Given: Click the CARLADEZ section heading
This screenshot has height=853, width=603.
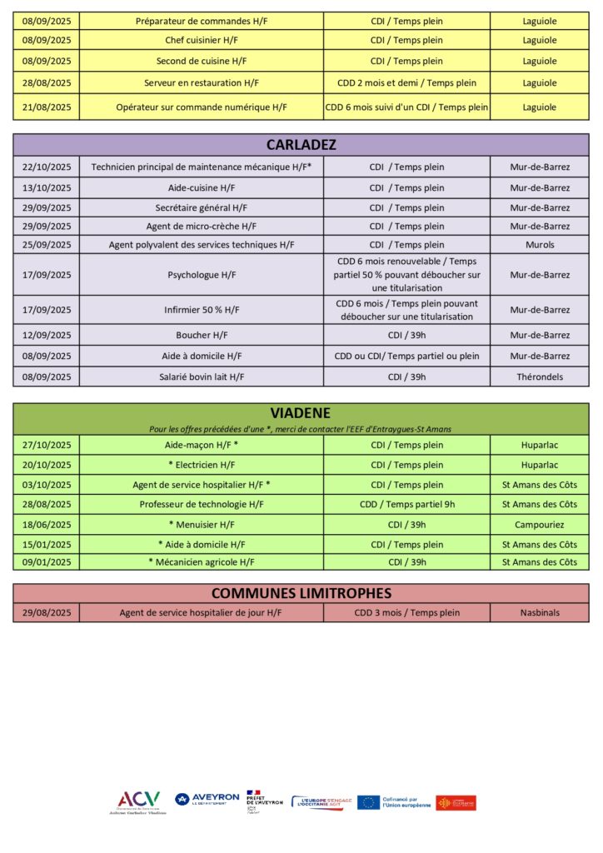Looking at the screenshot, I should pos(301,145).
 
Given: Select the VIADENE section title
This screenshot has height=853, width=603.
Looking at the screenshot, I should pos(301,413).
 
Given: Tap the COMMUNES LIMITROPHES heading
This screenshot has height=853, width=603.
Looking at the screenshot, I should pos(301,593).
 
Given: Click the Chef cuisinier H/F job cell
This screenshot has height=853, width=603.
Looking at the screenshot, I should pos(202,40).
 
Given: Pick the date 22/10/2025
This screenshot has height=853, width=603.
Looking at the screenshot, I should pos(47,167).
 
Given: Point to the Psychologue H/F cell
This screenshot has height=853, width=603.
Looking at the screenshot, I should pos(202,275).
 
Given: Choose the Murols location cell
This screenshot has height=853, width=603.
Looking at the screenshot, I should pos(540,245).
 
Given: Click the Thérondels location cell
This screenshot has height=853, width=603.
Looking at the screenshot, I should pos(540,377).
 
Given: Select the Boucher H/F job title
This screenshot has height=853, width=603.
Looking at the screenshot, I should pos(202,335).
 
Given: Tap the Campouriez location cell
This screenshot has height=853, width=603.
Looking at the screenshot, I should pos(540,525).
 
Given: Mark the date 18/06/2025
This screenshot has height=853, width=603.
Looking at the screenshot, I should pos(47,525).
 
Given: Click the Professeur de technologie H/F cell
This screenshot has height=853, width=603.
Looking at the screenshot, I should pos(202,504).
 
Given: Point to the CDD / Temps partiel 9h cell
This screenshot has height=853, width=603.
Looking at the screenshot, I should pos(406,504).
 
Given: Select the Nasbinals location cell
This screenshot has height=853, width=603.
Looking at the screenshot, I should pos(540,612).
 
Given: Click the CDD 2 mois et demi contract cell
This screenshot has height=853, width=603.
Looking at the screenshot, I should pos(406,82).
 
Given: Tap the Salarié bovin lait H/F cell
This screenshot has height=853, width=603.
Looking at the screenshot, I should pos(202,377).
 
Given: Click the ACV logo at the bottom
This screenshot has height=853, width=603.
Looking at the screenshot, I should pos(138,801).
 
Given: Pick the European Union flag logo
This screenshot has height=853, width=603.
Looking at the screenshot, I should pos(369,802).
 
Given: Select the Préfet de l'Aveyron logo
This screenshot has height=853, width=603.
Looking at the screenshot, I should pos(264,801).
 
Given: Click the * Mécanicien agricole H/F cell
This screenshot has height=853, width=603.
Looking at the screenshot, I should pos(202,562).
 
